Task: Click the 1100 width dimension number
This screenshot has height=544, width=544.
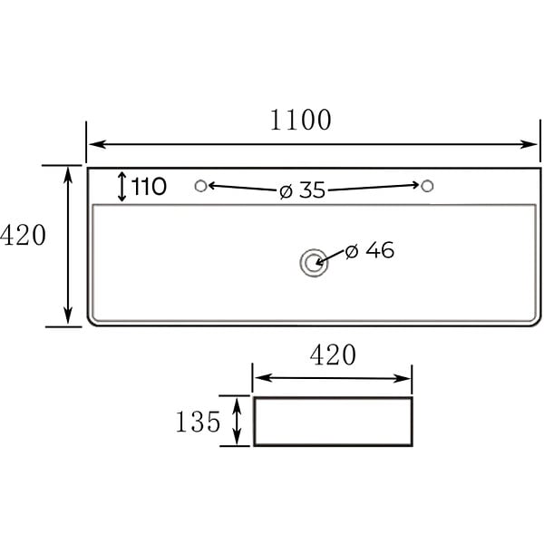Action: [300, 120]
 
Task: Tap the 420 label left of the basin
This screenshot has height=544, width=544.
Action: [23, 235]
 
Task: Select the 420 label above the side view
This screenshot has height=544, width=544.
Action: [333, 355]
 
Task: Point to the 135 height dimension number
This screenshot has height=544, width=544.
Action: [198, 422]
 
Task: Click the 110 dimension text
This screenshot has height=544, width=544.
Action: [149, 187]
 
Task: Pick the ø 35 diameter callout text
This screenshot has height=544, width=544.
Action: [302, 190]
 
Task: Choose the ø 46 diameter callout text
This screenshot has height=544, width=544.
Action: [370, 250]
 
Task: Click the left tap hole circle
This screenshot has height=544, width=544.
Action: [201, 186]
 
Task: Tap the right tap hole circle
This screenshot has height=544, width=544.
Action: [427, 186]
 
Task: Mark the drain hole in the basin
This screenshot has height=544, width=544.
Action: [314, 263]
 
